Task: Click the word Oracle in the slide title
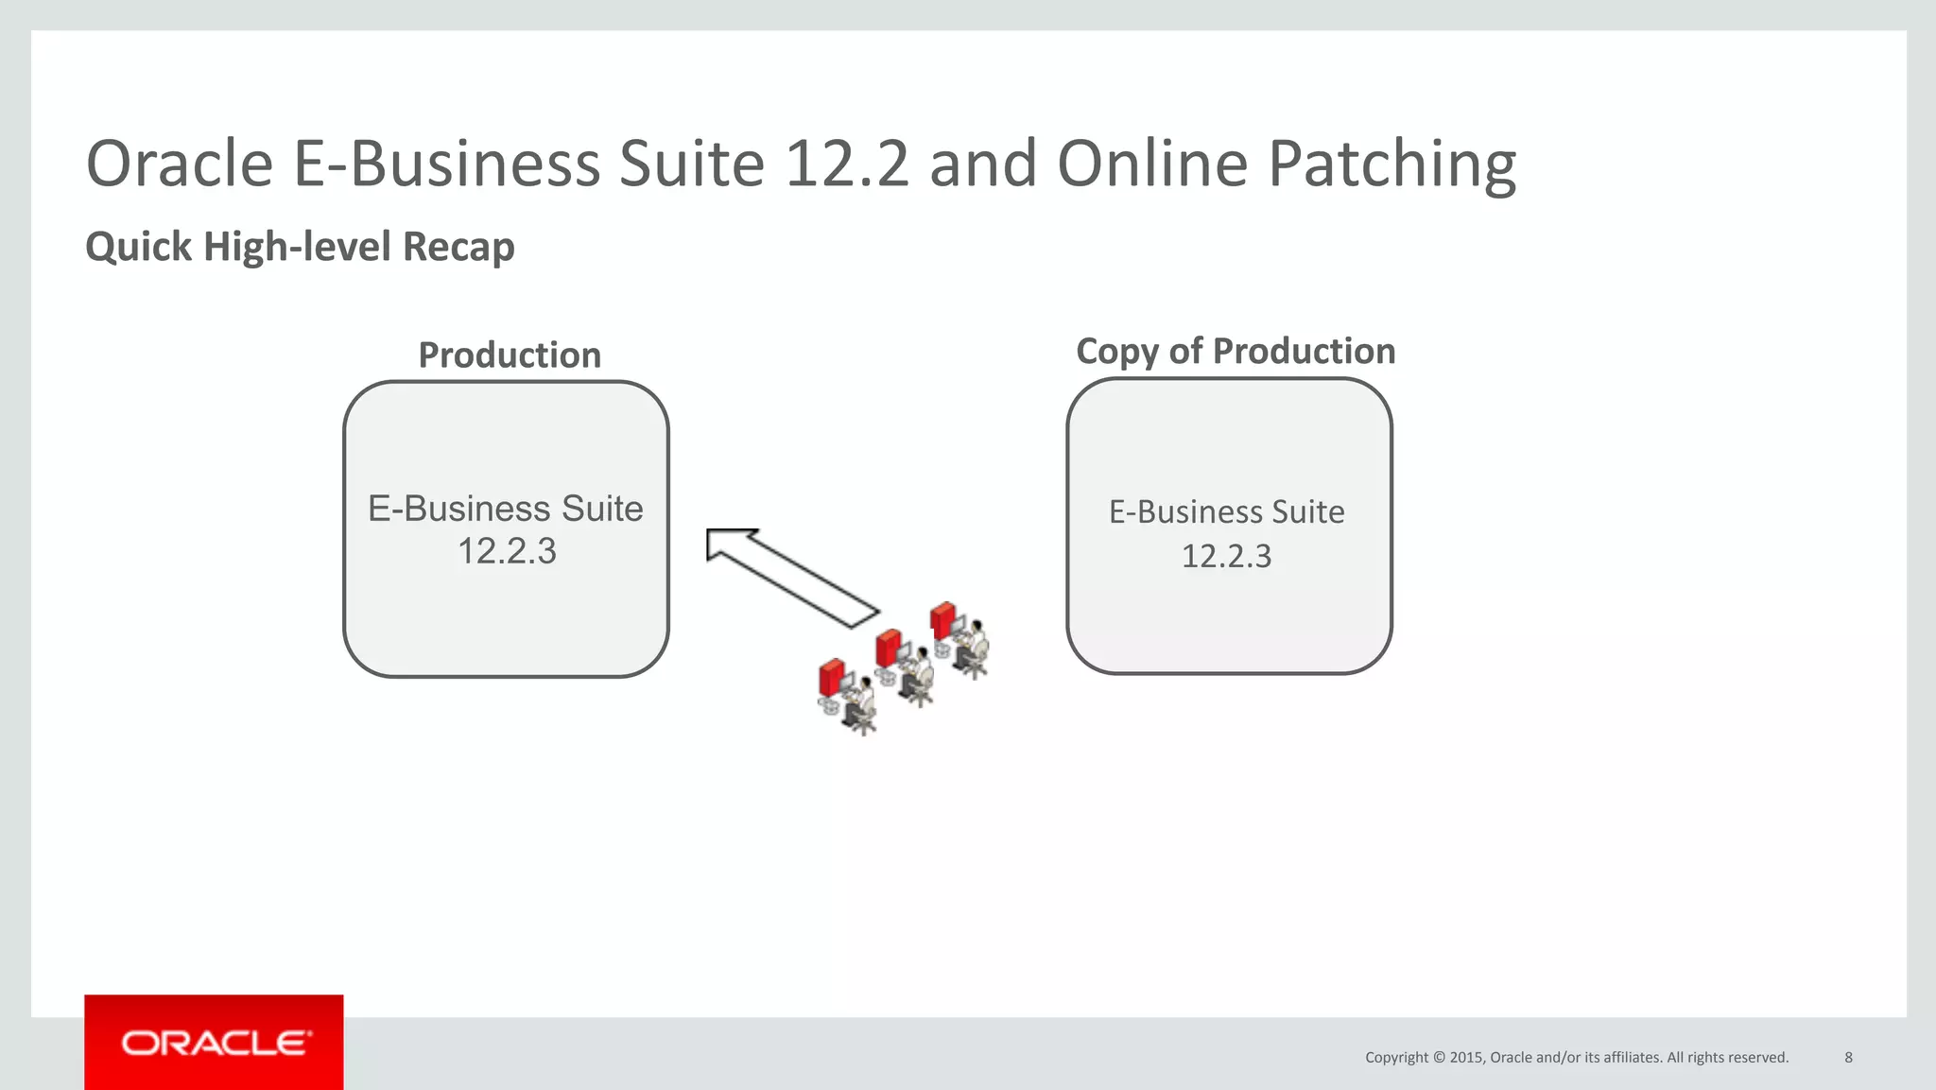pyautogui.click(x=180, y=164)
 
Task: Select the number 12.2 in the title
pyautogui.click(x=846, y=164)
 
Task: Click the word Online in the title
pyautogui.click(x=1151, y=164)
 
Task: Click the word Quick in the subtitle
pyautogui.click(x=138, y=247)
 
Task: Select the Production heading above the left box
pyautogui.click(x=510, y=355)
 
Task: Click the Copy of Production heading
pyautogui.click(x=1236, y=352)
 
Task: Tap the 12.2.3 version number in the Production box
pyautogui.click(x=507, y=551)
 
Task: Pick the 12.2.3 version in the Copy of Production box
pyautogui.click(x=1226, y=556)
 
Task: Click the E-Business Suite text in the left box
pyautogui.click(x=506, y=509)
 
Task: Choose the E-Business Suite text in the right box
pyautogui.click(x=1226, y=512)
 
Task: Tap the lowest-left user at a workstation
pyautogui.click(x=846, y=696)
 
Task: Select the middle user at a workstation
pyautogui.click(x=904, y=666)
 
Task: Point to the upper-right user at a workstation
pyautogui.click(x=959, y=639)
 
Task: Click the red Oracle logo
pyautogui.click(x=214, y=1043)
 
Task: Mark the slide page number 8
pyautogui.click(x=1848, y=1057)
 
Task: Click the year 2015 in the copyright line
pyautogui.click(x=1466, y=1057)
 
